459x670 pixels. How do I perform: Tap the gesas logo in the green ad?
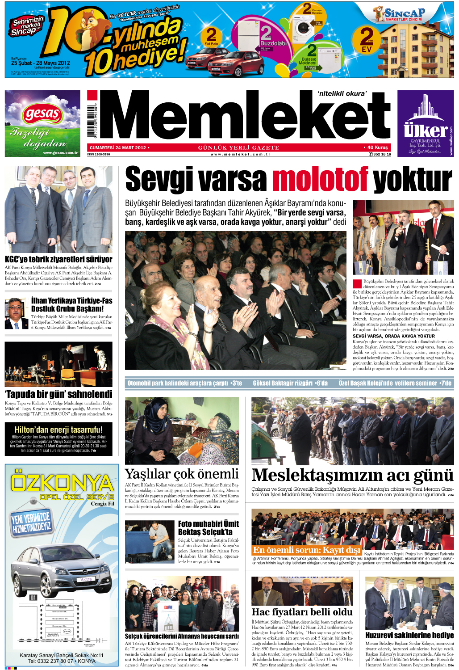click(x=42, y=114)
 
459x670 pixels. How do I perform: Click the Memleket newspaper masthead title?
click(x=244, y=117)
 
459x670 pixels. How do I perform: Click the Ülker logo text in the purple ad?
click(x=425, y=131)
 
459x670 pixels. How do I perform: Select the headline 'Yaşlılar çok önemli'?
click(x=182, y=474)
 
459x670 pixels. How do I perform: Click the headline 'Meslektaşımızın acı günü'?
click(x=352, y=475)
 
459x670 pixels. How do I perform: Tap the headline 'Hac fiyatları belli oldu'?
click(x=302, y=612)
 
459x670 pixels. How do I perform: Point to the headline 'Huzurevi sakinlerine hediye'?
click(x=409, y=635)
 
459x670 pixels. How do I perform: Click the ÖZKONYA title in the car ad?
click(x=62, y=483)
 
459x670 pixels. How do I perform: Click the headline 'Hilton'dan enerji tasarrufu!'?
click(x=58, y=430)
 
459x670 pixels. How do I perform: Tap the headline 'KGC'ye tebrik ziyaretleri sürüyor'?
click(x=58, y=259)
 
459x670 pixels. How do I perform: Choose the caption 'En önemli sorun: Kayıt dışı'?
click(x=307, y=550)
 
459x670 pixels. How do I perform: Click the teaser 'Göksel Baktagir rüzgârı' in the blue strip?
click(x=290, y=383)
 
